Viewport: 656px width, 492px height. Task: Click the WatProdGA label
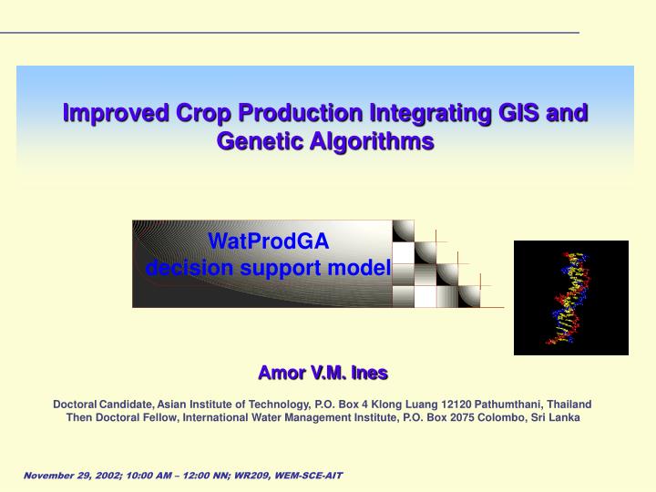(268, 241)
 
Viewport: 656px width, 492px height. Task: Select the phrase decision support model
(268, 267)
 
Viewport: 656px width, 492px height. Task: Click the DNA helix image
(571, 298)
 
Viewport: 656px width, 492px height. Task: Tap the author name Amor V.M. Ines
(323, 372)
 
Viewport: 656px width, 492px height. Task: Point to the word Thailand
(568, 404)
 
